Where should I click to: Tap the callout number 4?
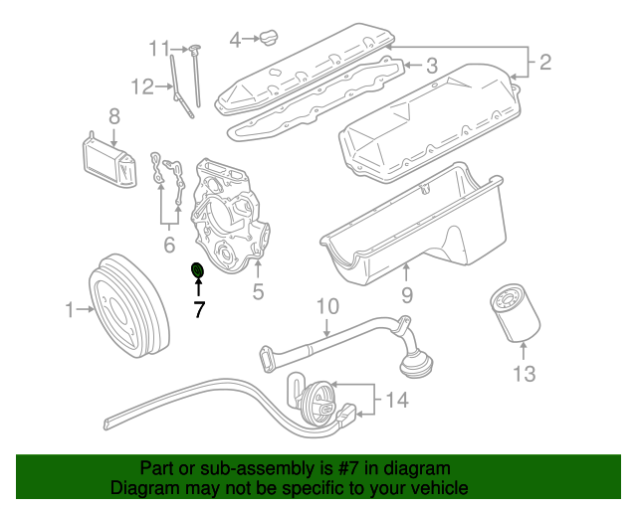[236, 40]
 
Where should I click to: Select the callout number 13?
[525, 374]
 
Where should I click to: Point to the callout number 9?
[407, 294]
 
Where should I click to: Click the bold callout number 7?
[199, 310]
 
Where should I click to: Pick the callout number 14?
[398, 401]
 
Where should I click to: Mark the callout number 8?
[113, 116]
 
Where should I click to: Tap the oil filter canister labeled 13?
[516, 312]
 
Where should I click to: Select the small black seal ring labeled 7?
[197, 270]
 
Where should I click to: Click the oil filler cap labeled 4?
[270, 39]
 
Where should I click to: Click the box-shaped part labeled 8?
[107, 161]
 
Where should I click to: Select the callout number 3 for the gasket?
[431, 66]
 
